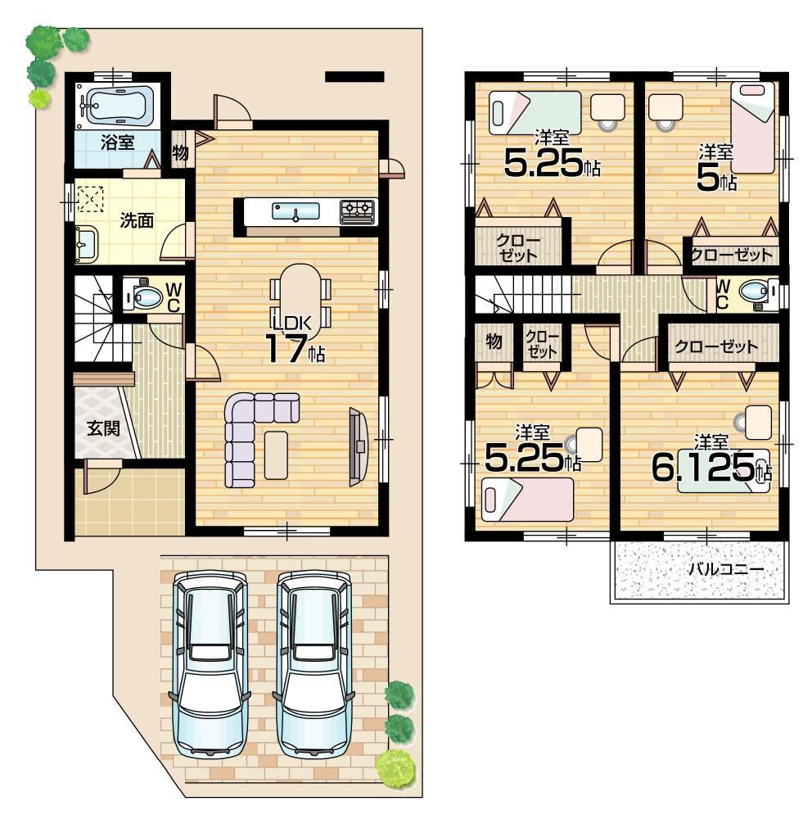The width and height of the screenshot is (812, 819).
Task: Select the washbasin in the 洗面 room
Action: (85, 242)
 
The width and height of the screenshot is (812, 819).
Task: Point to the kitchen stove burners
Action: (357, 211)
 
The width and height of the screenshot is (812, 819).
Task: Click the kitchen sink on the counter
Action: (296, 212)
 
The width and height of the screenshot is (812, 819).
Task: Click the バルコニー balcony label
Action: (725, 568)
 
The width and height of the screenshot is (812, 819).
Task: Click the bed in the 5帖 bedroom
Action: (752, 126)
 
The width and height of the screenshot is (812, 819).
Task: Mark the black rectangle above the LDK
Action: (354, 77)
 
